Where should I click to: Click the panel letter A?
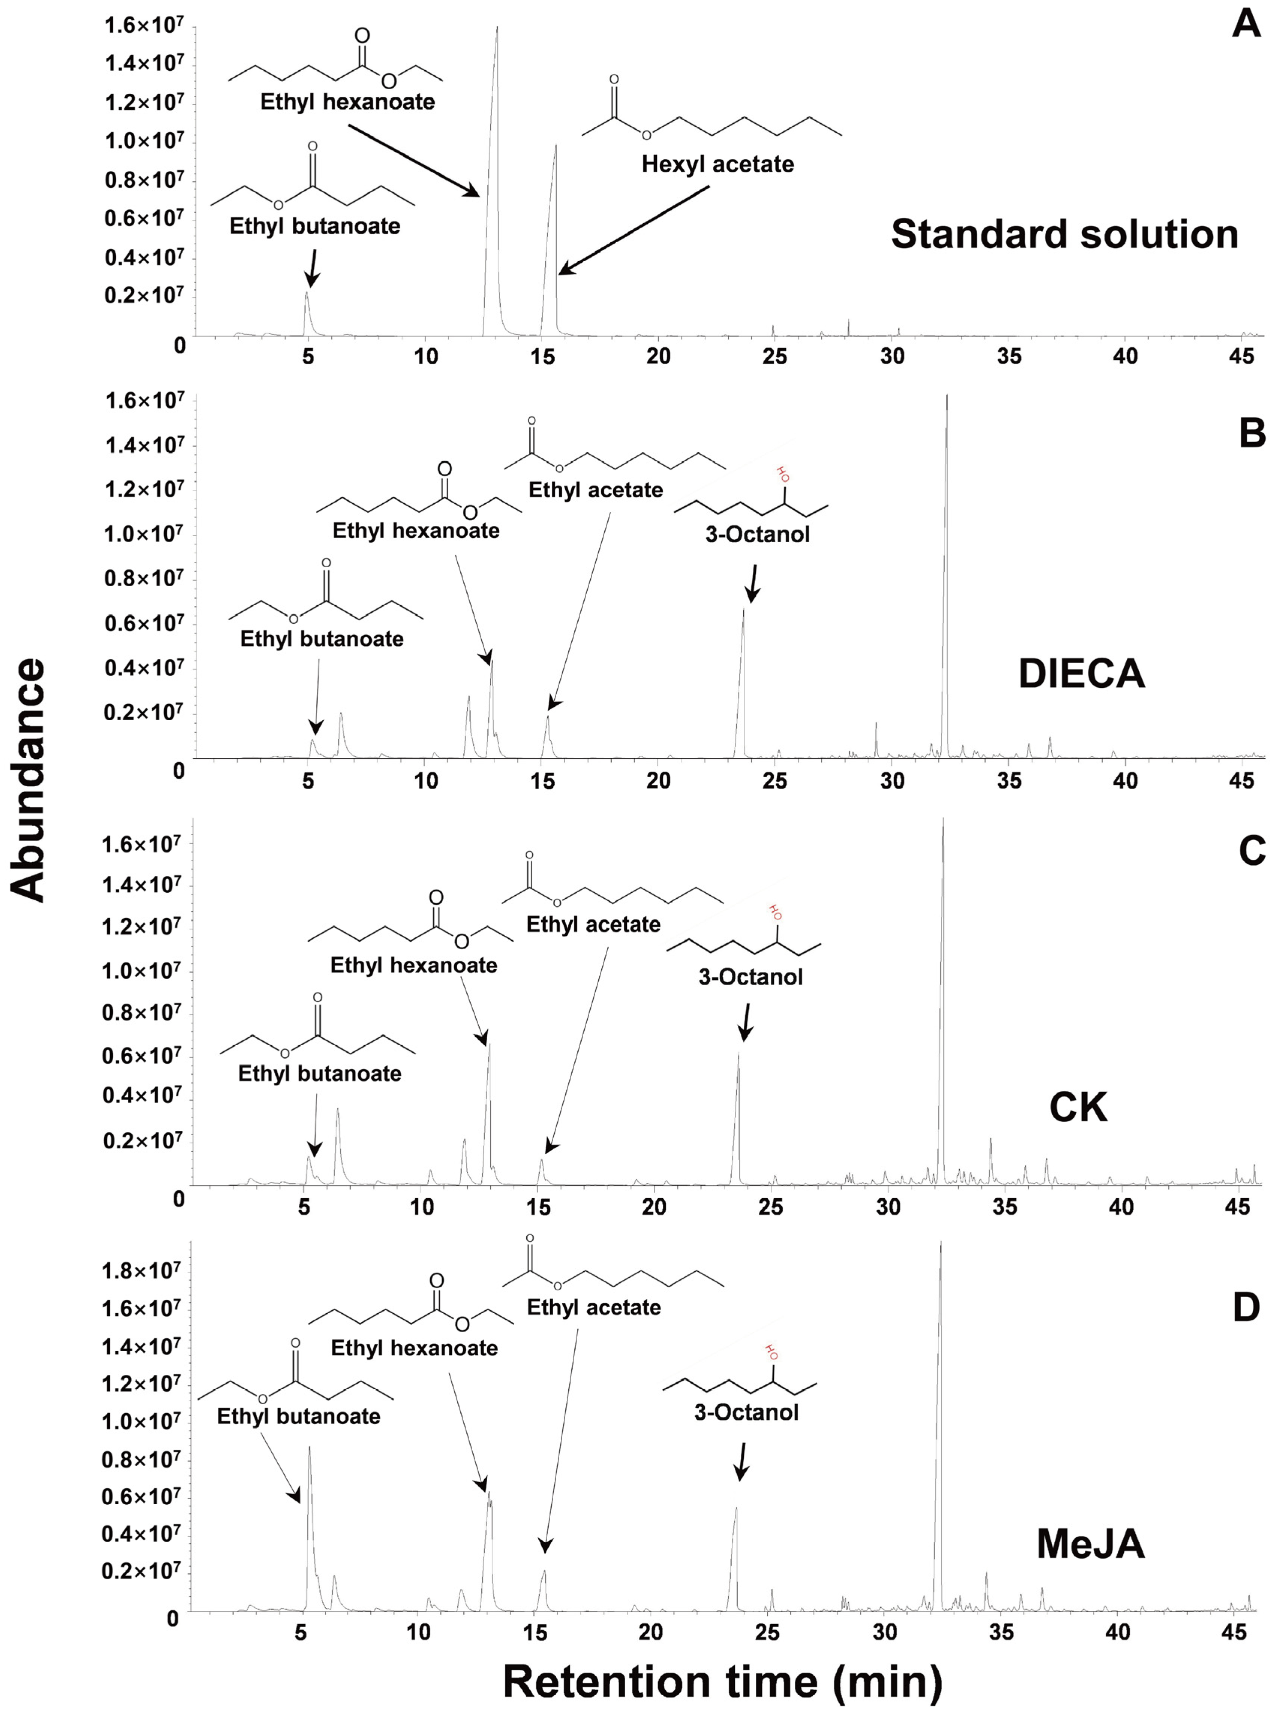click(1245, 23)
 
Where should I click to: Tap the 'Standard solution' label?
click(1064, 234)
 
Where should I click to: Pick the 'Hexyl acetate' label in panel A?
click(717, 164)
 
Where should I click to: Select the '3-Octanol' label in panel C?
click(750, 977)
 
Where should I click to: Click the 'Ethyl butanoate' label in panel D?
click(298, 1416)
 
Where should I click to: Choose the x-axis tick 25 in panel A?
click(774, 357)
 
